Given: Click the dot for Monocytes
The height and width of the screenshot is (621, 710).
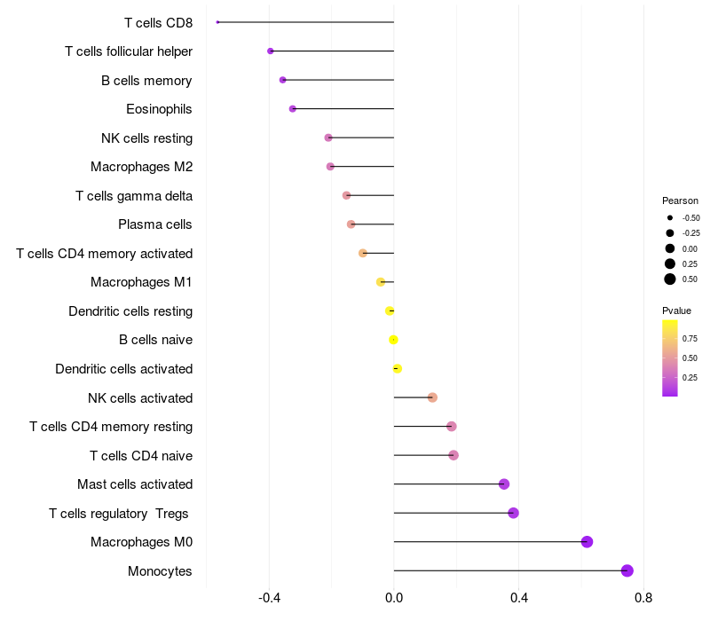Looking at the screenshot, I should tap(627, 570).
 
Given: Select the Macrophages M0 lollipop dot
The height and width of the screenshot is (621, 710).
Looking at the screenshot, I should tap(587, 542).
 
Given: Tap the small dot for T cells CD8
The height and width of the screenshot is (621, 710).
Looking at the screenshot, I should tap(217, 22).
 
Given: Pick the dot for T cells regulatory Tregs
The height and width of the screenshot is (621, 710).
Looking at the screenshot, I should tap(513, 513).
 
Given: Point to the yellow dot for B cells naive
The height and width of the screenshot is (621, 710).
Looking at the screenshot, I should tap(393, 340).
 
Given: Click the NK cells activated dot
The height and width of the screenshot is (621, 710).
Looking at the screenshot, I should tap(432, 397).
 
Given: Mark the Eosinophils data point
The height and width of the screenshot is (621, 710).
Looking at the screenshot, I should tap(293, 109).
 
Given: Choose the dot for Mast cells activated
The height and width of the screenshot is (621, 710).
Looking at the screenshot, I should tap(504, 484).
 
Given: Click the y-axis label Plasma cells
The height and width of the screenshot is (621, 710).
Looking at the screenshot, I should tap(155, 224).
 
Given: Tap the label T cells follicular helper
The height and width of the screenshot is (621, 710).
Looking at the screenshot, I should tap(129, 51).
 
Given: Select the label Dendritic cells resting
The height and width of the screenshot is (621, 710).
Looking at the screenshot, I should tap(130, 311).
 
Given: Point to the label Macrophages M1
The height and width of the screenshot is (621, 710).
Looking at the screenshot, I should tap(141, 282).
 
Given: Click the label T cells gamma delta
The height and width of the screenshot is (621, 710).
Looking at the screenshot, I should tap(134, 196).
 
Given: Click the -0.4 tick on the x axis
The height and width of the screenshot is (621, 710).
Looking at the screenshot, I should tap(269, 598).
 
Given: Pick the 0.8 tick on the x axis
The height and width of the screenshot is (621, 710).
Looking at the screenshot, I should tap(643, 598).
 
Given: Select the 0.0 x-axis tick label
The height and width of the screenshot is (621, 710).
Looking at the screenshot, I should tap(394, 598).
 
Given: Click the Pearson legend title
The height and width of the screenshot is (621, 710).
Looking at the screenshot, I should tap(680, 200).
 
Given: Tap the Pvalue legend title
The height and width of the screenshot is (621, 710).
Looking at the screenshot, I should tap(676, 310).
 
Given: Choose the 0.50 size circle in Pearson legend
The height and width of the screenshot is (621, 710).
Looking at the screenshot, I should tap(670, 279).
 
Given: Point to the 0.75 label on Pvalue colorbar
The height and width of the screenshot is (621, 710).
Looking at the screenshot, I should tap(690, 338).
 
